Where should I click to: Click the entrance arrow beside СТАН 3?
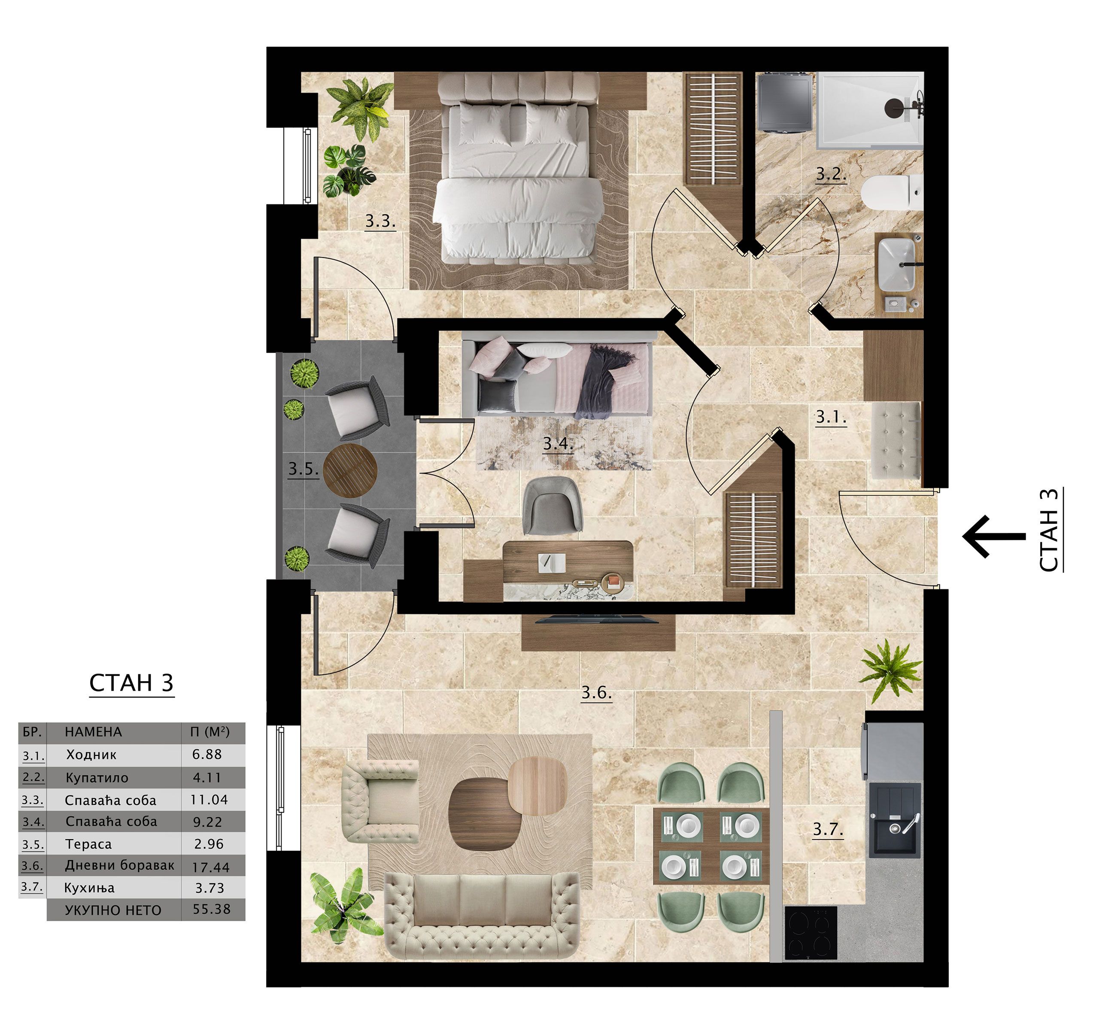994,536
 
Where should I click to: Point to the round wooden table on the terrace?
350,470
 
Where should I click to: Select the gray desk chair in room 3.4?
552,505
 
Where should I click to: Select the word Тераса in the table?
88,844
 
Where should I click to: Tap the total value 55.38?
212,909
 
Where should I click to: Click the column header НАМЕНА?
93,732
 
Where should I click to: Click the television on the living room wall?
597,619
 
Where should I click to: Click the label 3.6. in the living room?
596,692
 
